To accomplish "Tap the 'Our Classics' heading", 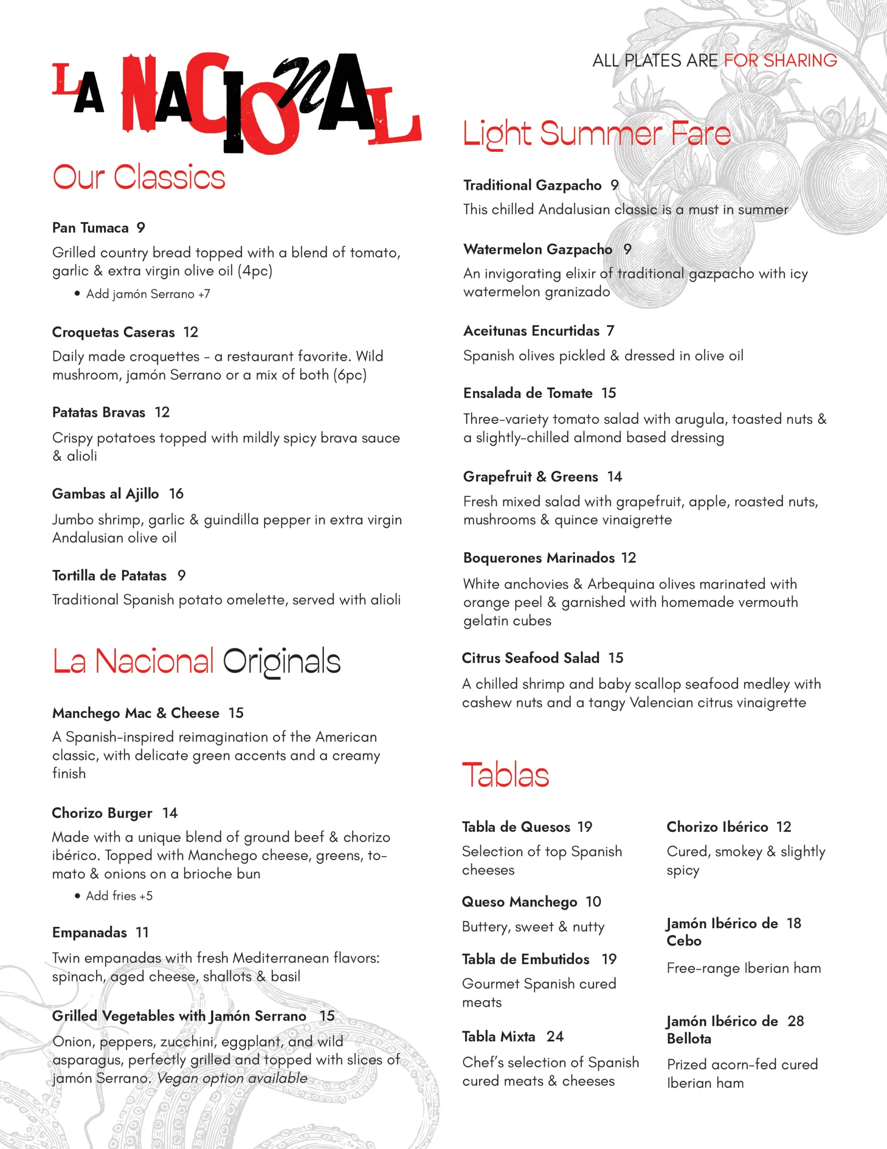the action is tap(139, 177).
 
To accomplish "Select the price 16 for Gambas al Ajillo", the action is tap(176, 493).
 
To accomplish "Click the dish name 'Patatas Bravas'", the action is tap(99, 412).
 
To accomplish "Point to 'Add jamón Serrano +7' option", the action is tap(148, 294).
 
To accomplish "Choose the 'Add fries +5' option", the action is tap(119, 896).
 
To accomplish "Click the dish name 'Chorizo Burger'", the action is tap(102, 813).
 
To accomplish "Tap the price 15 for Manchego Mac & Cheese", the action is tap(236, 713).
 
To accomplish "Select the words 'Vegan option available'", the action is tap(232, 1078).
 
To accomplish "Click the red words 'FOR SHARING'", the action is tap(780, 61).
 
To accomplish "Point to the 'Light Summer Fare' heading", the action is tap(597, 134).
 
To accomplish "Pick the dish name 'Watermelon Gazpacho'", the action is tap(538, 250).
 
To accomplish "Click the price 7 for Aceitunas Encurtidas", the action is tap(610, 331).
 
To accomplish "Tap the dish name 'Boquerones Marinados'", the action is tap(539, 557).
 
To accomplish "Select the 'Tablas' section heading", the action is tap(506, 775).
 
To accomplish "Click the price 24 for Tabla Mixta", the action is tap(555, 1036).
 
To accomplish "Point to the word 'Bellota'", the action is tap(689, 1039).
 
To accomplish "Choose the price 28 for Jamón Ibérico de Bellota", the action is tap(796, 1021).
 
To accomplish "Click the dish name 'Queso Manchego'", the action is tap(519, 902).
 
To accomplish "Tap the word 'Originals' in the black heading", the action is tap(282, 662).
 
